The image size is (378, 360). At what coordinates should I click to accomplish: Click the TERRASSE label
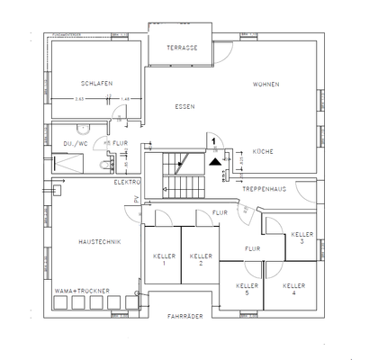[x=181, y=48]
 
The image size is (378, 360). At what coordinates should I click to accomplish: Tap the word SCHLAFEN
[x=94, y=83]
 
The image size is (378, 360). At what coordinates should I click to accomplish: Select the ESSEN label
[x=185, y=106]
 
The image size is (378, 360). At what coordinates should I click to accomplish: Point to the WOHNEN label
[x=266, y=84]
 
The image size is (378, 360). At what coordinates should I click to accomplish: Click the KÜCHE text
[x=263, y=151]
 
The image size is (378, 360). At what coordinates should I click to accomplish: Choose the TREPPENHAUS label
[x=263, y=190]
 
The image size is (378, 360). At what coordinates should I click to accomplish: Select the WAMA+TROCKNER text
[x=81, y=292]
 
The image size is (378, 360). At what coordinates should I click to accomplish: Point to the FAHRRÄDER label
[x=185, y=317]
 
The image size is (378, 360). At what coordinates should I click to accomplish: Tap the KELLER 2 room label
[x=200, y=259]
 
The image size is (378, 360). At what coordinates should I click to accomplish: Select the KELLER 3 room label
[x=301, y=238]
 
